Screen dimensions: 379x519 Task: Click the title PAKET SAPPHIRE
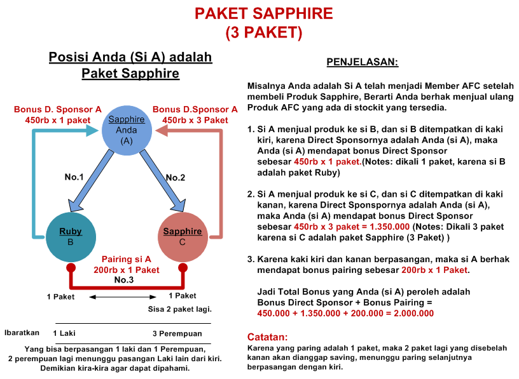pos(263,13)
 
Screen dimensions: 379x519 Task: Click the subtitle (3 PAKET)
pos(263,32)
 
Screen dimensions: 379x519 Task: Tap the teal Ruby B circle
pos(71,236)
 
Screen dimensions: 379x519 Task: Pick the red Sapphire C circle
pos(183,236)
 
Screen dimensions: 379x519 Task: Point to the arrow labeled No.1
pos(95,182)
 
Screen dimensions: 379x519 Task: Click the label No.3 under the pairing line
pos(124,279)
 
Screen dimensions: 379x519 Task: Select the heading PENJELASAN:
pos(362,62)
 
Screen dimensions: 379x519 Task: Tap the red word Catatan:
pos(267,336)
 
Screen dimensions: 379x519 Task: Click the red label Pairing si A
pos(127,259)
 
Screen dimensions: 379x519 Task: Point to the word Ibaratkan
pos(22,332)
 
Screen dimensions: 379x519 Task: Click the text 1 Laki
pos(65,333)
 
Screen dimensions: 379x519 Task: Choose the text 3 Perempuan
pos(177,333)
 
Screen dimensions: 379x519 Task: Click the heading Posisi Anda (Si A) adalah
pos(130,58)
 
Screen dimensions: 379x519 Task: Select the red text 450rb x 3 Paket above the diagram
pos(195,120)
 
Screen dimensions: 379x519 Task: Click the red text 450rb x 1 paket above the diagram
pos(58,120)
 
